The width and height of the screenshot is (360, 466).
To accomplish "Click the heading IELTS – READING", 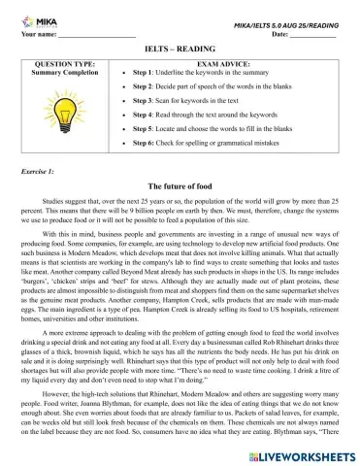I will tap(180, 48).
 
